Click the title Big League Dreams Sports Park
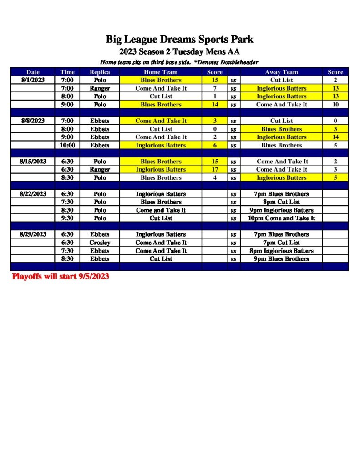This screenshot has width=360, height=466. [179, 39]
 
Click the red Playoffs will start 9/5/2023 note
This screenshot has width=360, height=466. [61, 276]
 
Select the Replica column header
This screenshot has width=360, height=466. [100, 72]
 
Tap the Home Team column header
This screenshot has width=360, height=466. [161, 72]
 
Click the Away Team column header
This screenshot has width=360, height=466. [281, 72]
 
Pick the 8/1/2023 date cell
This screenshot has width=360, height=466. [33, 80]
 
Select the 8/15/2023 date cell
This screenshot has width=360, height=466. [33, 162]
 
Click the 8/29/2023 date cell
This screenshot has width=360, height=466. [33, 234]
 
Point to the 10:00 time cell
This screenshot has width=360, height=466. [67, 145]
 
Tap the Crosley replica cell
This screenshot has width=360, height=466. [100, 243]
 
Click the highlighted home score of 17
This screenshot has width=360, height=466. [215, 169]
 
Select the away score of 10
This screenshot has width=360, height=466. [335, 105]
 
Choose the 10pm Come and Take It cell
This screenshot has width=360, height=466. [281, 218]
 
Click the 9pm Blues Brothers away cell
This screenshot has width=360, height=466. [281, 259]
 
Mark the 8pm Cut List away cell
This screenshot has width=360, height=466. [281, 202]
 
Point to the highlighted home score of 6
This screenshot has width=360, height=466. [215, 145]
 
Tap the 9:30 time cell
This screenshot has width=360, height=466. [67, 218]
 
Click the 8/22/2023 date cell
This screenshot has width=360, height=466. [33, 194]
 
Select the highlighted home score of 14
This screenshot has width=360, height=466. [215, 105]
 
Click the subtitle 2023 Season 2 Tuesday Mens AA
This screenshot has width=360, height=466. [179, 51]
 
